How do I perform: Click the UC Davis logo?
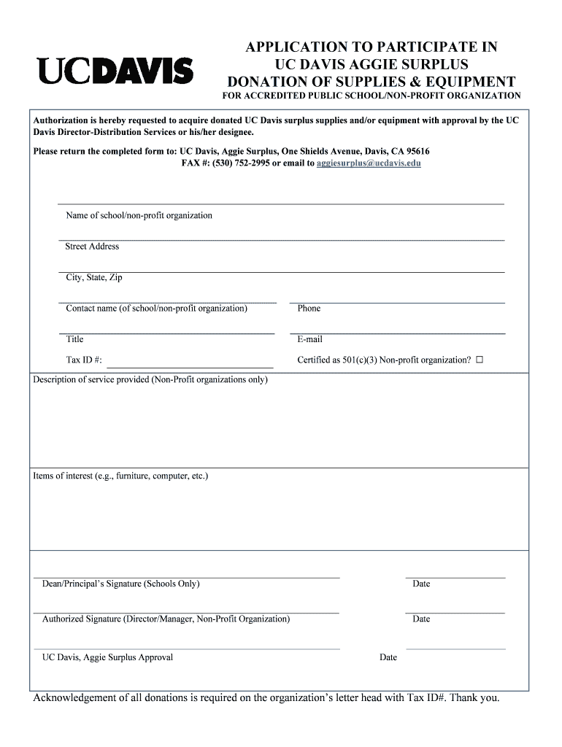[x=115, y=71]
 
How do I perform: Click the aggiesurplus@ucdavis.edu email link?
[x=369, y=163]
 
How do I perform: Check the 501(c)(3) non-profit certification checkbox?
[x=480, y=360]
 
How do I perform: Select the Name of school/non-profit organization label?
[x=139, y=216]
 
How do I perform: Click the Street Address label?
[x=92, y=247]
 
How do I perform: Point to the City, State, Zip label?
[x=94, y=278]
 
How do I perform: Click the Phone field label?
[x=309, y=309]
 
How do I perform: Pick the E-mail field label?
[x=309, y=339]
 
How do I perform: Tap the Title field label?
[x=74, y=339]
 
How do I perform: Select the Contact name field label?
[x=156, y=309]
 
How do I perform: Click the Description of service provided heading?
[x=150, y=380]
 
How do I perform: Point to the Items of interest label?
[x=120, y=476]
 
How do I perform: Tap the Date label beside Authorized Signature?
[x=421, y=619]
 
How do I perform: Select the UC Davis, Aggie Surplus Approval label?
[x=107, y=657]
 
